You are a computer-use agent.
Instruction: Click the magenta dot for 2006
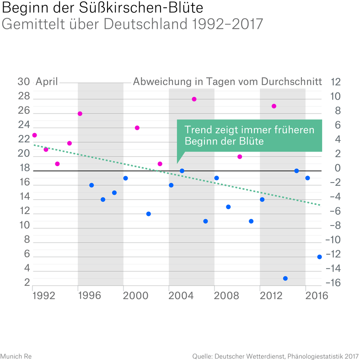[x=194, y=99]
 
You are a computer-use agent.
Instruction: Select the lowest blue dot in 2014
[x=285, y=279]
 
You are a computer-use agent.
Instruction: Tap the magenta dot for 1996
[x=80, y=113]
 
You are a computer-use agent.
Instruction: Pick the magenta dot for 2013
[x=274, y=106]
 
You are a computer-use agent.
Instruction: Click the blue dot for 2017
[x=319, y=257]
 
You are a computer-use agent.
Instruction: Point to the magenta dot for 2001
[x=137, y=128]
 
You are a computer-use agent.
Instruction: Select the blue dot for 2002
[x=148, y=214]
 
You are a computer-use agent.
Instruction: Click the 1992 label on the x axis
[x=44, y=296]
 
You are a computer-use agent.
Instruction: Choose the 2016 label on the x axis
[x=317, y=296]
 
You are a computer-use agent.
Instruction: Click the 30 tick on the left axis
[x=24, y=82]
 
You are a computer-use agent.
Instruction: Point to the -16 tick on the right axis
[x=334, y=283]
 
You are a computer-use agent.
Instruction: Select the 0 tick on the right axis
[x=338, y=168]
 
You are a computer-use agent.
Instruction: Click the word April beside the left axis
[x=47, y=82]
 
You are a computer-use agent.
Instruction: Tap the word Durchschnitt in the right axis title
[x=291, y=82]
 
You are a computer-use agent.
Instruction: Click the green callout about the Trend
[x=249, y=136]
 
